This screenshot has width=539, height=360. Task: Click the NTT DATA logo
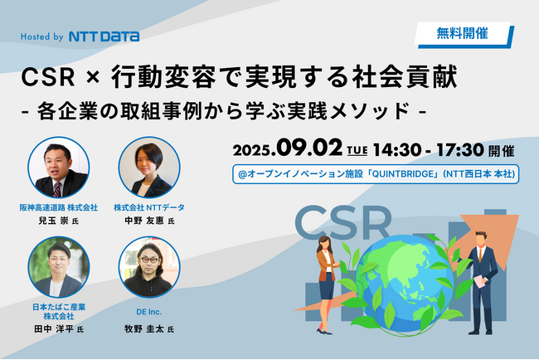tap(104, 36)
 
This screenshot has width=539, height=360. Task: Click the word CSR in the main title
tap(48, 77)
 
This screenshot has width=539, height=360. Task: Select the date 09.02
tap(309, 148)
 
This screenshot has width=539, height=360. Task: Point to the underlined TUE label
tap(357, 150)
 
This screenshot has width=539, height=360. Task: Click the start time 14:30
tap(397, 150)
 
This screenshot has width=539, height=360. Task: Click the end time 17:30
tap(460, 150)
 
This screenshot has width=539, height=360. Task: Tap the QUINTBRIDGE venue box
tap(376, 174)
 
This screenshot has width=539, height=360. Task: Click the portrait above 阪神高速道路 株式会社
tap(59, 168)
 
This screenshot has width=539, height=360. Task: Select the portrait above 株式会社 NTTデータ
tap(149, 168)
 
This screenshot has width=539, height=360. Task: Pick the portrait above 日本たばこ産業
tap(59, 267)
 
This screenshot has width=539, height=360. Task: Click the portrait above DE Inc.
tap(149, 267)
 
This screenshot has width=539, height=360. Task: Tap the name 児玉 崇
tap(53, 221)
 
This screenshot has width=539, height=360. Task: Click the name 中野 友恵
tap(144, 221)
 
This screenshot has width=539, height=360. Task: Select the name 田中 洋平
tap(54, 329)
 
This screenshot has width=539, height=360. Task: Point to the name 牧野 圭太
tap(144, 329)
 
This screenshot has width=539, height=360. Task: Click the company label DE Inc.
tap(148, 312)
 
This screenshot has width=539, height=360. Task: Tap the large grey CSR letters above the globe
tap(342, 222)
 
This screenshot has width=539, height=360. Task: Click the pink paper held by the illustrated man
tap(480, 281)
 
